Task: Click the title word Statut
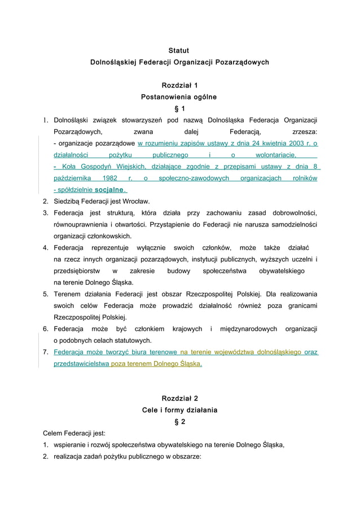click(x=179, y=51)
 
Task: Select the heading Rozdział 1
click(x=179, y=85)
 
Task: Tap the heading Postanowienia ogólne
click(x=179, y=97)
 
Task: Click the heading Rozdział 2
click(x=179, y=398)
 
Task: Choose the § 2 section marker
click(x=179, y=421)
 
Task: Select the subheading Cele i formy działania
click(x=179, y=409)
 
